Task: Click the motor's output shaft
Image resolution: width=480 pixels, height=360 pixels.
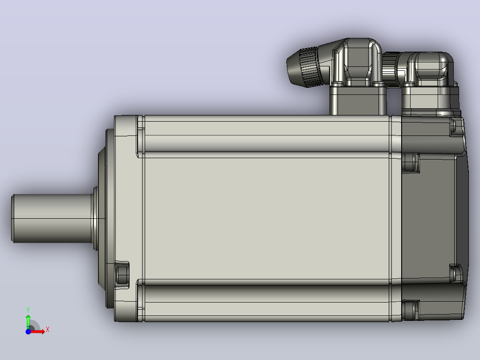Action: (x=52, y=218)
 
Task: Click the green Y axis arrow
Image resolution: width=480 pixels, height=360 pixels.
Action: (x=28, y=322)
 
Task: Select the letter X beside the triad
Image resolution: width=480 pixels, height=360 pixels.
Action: (x=48, y=330)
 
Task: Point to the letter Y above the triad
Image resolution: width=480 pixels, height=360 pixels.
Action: (x=28, y=310)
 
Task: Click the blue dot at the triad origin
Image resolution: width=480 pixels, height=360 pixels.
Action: (x=28, y=331)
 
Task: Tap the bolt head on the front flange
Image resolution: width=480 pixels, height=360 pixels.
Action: (x=122, y=275)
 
